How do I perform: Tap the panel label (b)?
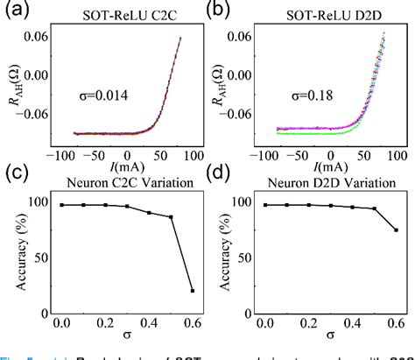click(x=219, y=10)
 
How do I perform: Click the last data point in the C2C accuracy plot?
click(x=193, y=290)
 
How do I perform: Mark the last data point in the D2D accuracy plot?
click(x=396, y=230)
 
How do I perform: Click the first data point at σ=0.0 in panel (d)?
click(x=264, y=205)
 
